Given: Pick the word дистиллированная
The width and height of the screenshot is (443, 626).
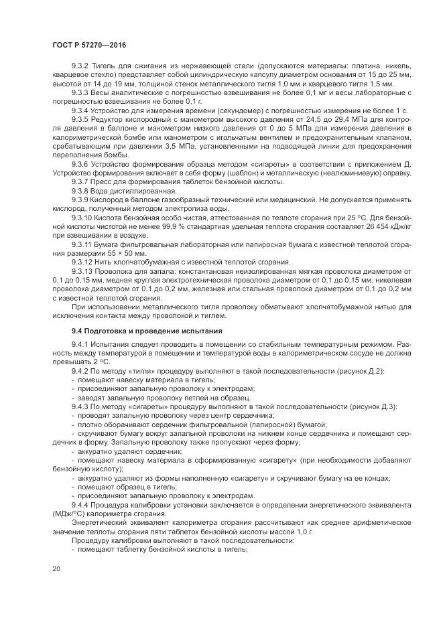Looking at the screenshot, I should click(x=130, y=189).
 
